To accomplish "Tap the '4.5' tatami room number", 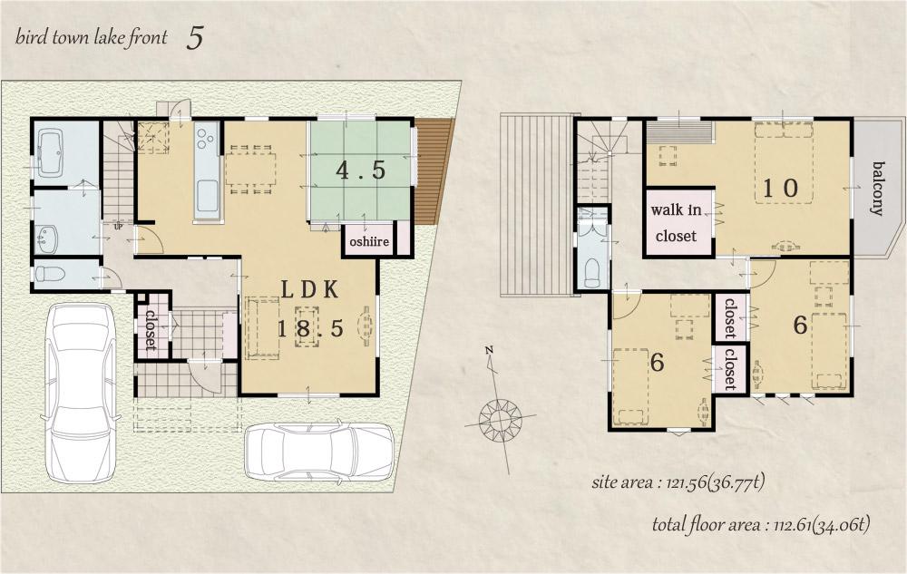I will (360, 170).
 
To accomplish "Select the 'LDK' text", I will (308, 290).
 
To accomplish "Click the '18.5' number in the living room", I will (309, 329).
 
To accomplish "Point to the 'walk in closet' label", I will (676, 223).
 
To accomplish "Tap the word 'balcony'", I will (878, 188).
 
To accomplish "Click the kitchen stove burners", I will (205, 139).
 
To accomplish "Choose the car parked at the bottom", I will (319, 450).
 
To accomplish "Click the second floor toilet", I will (592, 271).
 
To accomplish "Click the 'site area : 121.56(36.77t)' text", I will (678, 482).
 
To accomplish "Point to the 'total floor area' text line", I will (761, 524).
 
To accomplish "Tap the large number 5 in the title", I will (195, 38).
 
